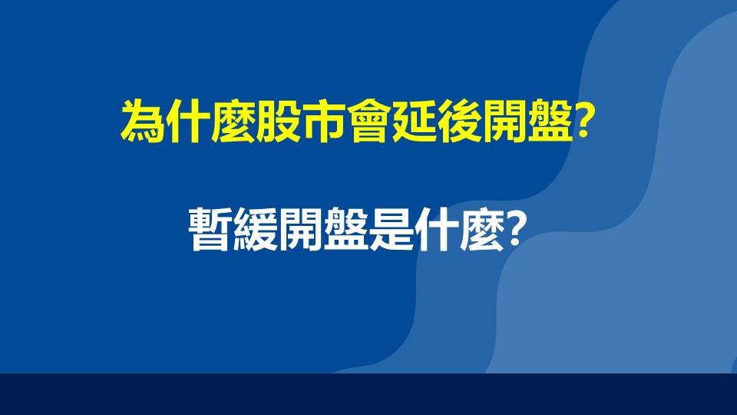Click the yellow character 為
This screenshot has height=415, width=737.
click(142, 121)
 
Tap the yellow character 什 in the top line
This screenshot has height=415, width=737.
click(187, 121)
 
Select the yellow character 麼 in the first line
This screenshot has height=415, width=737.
click(231, 121)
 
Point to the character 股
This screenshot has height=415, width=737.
click(276, 121)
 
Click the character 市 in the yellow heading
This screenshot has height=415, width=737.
click(322, 121)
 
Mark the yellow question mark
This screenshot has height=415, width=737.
click(583, 121)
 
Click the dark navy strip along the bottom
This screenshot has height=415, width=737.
click(368, 394)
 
